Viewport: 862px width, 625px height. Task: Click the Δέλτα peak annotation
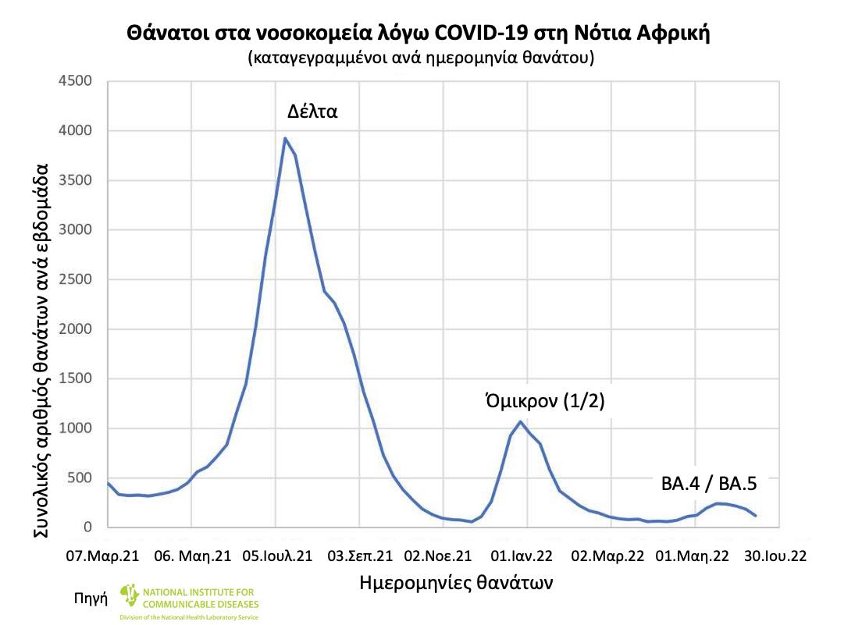312,111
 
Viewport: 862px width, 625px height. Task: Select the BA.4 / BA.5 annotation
709,483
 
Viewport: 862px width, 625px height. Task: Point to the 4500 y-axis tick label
77,81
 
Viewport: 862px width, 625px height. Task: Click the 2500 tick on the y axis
77,279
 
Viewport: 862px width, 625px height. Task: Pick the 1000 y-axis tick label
77,428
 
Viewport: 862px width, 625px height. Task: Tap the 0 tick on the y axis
87,528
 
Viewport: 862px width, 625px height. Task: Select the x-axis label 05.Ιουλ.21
276,556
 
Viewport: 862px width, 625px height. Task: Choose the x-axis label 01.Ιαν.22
527,556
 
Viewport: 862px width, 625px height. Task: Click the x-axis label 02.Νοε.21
438,556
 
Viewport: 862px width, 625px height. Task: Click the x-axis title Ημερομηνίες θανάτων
457,583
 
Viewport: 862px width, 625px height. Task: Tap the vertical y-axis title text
43,350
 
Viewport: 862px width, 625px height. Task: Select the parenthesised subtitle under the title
422,59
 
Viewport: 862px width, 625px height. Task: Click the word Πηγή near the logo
90,599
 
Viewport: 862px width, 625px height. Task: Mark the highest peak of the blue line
285,138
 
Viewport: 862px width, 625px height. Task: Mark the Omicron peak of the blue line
520,421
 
